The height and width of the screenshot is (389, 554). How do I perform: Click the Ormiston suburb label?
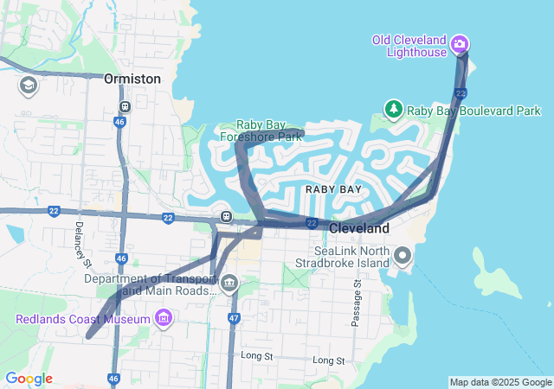(x=132, y=79)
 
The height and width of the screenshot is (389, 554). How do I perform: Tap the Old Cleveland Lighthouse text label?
(x=409, y=46)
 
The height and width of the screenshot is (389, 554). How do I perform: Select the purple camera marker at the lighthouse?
(x=460, y=44)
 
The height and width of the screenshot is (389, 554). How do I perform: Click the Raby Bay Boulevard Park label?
(x=473, y=111)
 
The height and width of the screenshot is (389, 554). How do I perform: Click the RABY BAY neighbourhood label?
(x=332, y=188)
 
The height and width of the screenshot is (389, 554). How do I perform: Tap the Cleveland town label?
(x=359, y=228)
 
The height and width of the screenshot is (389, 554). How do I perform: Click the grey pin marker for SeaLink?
(x=403, y=256)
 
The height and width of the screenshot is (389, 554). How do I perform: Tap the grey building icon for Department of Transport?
(x=229, y=282)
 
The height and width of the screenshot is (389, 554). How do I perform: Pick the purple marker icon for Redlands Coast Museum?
(x=162, y=320)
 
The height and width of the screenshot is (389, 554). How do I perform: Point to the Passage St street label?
(x=356, y=303)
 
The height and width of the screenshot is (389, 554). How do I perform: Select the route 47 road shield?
(x=234, y=318)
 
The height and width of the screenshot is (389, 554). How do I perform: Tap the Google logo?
(x=29, y=379)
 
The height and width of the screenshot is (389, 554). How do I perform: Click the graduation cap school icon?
(x=28, y=86)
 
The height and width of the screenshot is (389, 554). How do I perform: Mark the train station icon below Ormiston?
(x=126, y=107)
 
